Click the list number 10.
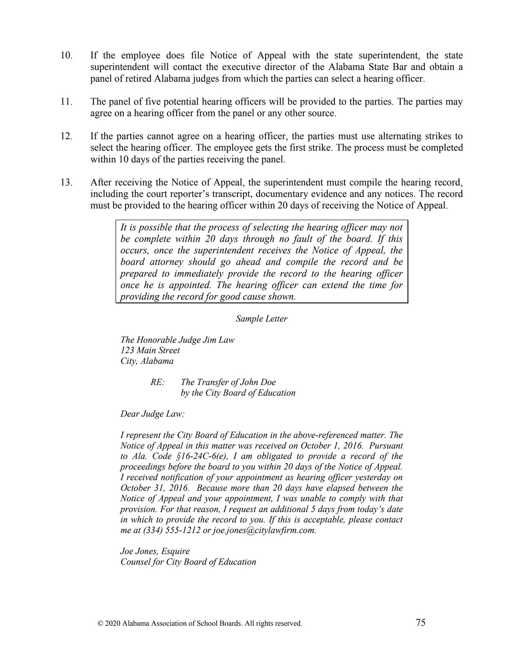[66, 56]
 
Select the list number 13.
[66, 183]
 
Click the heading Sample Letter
[261, 319]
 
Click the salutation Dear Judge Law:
[152, 414]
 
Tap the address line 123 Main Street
[150, 350]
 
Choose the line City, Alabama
[147, 361]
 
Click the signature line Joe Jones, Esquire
[155, 551]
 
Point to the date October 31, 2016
[154, 488]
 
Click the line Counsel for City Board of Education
[188, 562]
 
